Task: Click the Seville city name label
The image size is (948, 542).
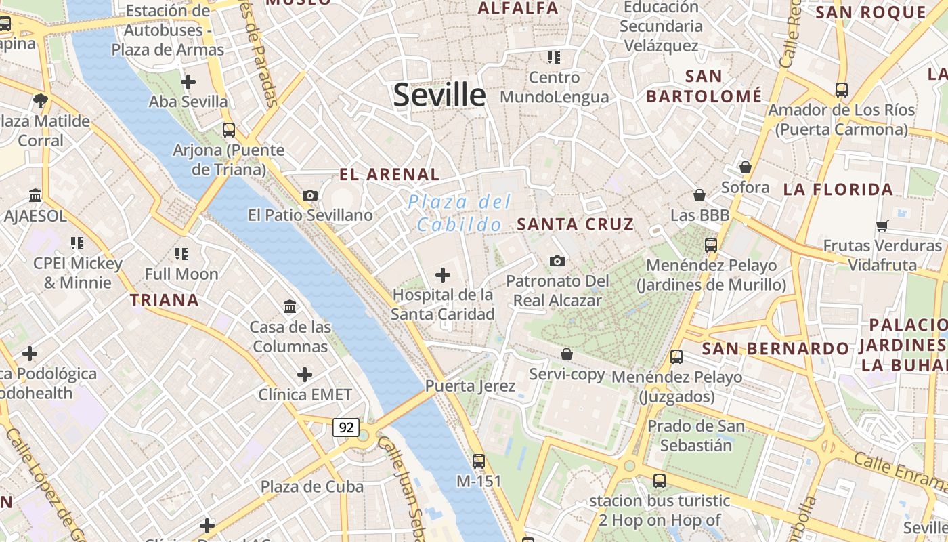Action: (439, 95)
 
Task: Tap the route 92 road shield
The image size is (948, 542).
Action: (346, 428)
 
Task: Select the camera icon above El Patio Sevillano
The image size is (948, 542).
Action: (310, 196)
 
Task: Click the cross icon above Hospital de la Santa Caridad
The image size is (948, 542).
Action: (443, 275)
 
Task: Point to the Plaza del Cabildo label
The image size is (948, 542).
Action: (459, 213)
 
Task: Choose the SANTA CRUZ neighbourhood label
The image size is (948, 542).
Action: (576, 224)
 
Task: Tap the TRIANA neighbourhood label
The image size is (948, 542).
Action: (165, 300)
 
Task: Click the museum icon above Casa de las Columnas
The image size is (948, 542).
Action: (290, 307)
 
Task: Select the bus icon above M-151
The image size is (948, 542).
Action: (479, 461)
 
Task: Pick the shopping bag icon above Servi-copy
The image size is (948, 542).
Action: (567, 354)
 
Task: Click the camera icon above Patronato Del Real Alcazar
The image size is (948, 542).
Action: (557, 261)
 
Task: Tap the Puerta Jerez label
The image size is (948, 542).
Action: (470, 386)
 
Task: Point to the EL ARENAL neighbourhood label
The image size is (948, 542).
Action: (389, 175)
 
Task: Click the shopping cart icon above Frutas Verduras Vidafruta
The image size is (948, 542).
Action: (882, 226)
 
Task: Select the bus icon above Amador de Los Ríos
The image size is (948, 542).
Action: (842, 89)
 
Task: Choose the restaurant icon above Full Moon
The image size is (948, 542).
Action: (181, 254)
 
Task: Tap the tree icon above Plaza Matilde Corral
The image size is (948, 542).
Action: (41, 102)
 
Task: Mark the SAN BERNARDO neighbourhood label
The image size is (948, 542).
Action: (775, 349)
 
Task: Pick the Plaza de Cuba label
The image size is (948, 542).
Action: (312, 486)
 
